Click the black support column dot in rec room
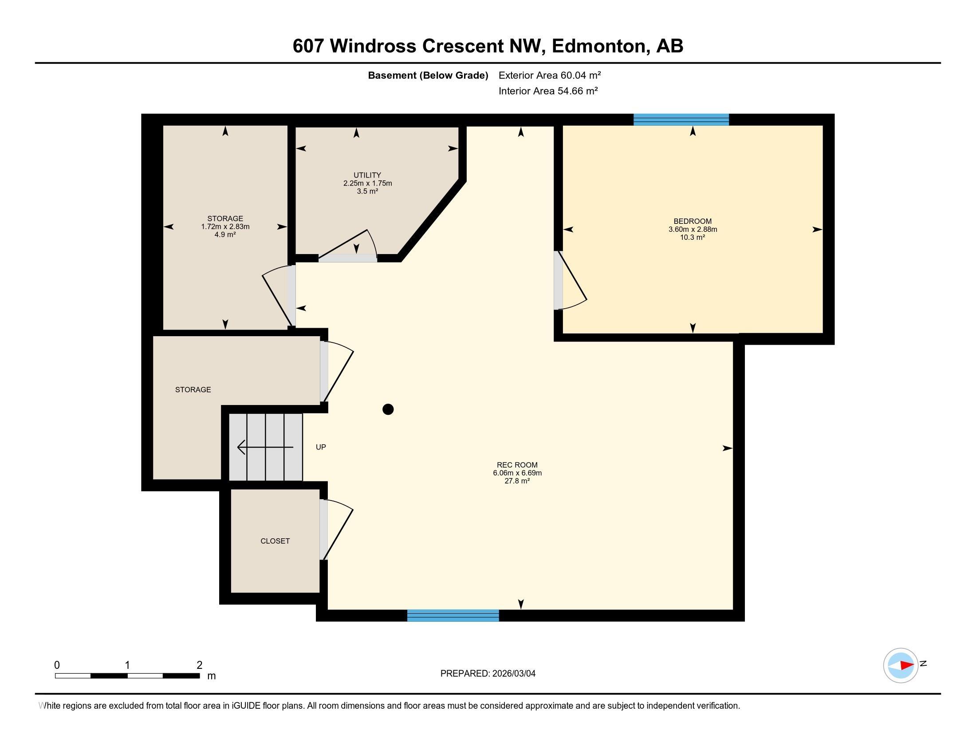click(388, 409)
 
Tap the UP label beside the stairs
click(321, 447)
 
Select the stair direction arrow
click(265, 447)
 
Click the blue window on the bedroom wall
click(681, 119)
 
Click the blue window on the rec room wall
click(453, 616)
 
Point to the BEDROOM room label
click(692, 222)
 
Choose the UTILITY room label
click(367, 175)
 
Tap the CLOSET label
click(275, 541)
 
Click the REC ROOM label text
click(517, 465)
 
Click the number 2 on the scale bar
click(199, 665)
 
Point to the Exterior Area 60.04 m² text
click(550, 75)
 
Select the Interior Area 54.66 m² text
click(548, 91)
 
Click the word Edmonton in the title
click(600, 46)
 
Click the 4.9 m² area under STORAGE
click(225, 234)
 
